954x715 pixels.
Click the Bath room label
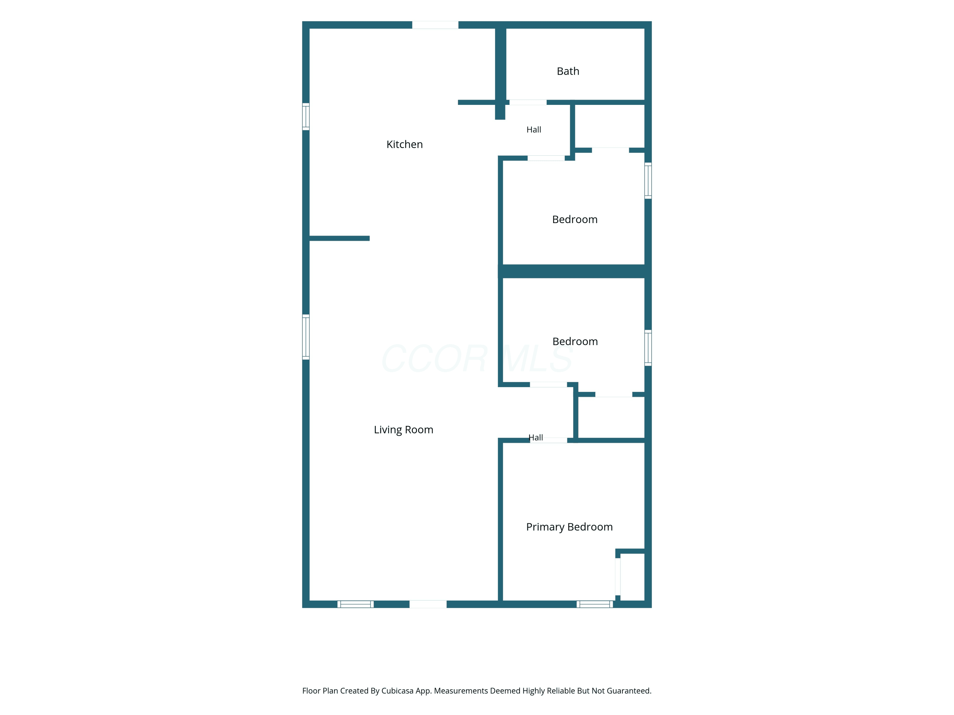(x=568, y=71)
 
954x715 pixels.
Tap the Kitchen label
(x=404, y=144)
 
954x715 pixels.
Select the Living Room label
(x=404, y=430)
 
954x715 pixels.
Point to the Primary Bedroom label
(x=569, y=527)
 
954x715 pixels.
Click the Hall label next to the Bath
(x=534, y=130)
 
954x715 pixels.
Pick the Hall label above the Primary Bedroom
(x=536, y=438)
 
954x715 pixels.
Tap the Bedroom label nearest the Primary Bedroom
(x=575, y=341)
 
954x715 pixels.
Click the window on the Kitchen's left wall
(x=306, y=116)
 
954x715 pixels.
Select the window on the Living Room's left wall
(x=306, y=337)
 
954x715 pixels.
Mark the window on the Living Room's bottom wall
(x=356, y=604)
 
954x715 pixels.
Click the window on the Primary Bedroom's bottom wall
(x=595, y=604)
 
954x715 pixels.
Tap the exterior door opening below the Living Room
(x=428, y=604)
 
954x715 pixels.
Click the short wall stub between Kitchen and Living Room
(x=339, y=238)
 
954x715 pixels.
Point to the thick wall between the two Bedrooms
(x=574, y=271)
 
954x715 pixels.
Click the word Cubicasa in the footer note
(x=397, y=691)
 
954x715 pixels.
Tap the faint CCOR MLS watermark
(x=477, y=358)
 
